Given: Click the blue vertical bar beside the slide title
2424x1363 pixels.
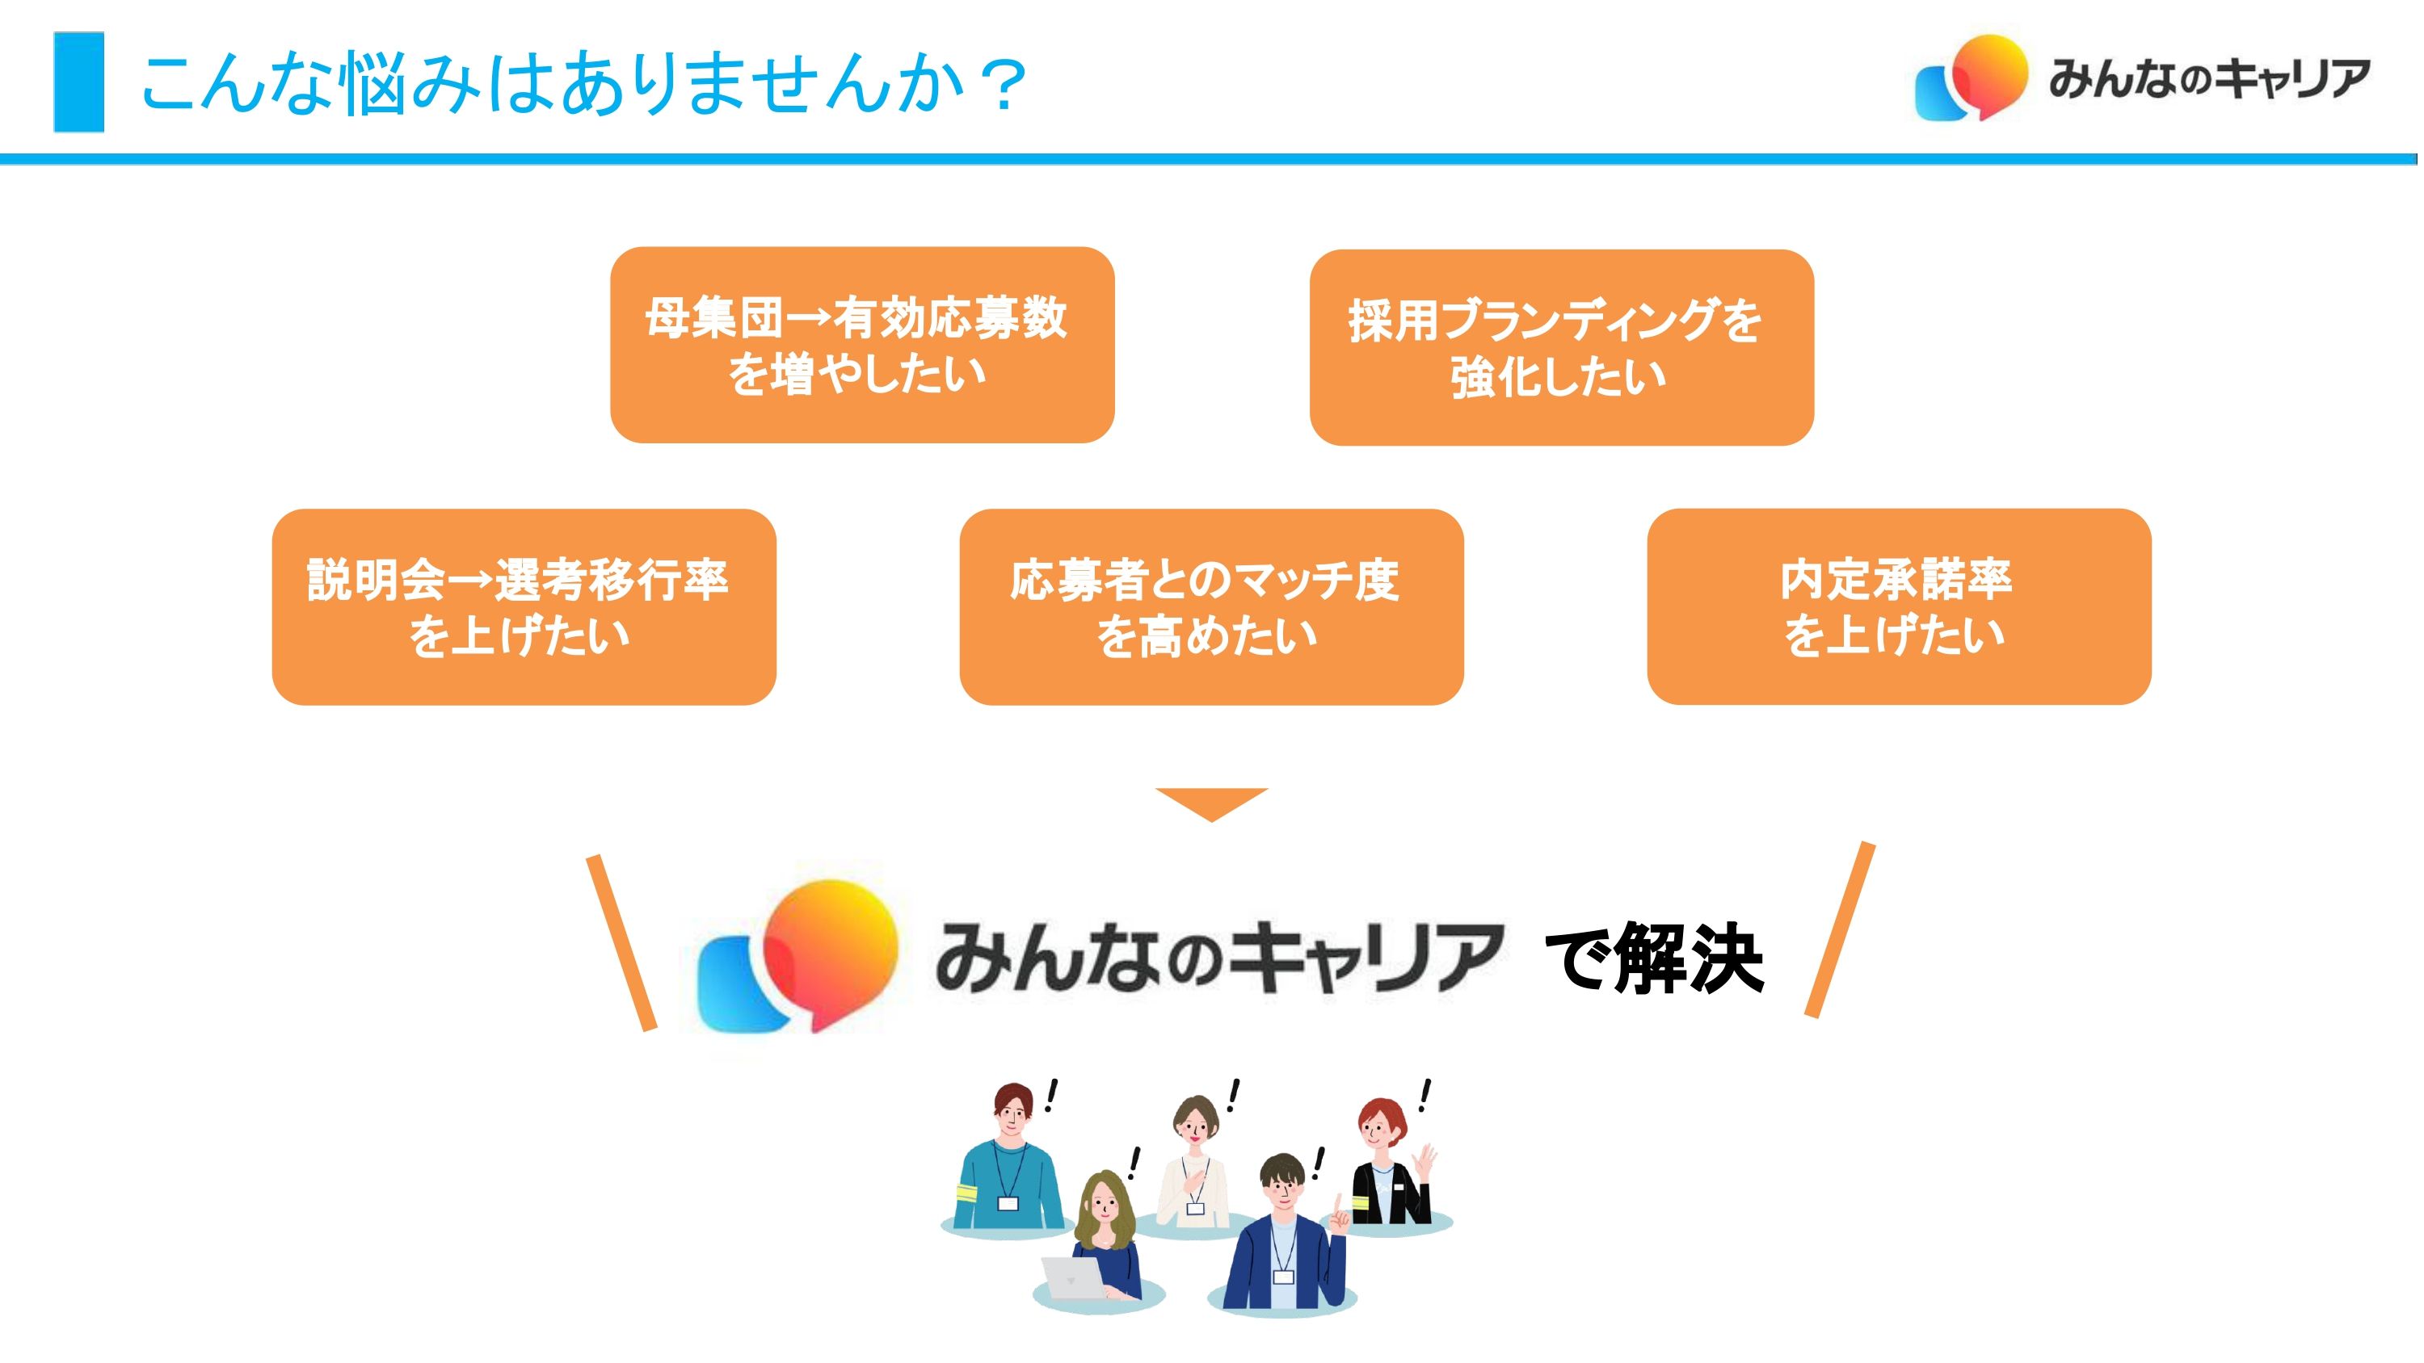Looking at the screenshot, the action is click(79, 82).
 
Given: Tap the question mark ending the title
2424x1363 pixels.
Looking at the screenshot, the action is click(1000, 84).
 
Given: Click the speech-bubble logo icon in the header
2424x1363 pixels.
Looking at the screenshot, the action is click(1971, 79).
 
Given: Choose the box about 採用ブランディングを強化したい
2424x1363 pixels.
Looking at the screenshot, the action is click(1561, 347).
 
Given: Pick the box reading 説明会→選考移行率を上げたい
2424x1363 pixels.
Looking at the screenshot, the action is click(524, 606).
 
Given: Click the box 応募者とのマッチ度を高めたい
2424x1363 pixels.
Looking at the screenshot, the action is click(1211, 606).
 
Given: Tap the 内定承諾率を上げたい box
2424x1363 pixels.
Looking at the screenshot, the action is click(1899, 606).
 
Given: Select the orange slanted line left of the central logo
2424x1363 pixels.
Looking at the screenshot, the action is click(621, 942).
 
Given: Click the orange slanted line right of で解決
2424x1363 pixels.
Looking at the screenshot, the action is click(1840, 929).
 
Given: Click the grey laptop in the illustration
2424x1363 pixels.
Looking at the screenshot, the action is click(1074, 1278).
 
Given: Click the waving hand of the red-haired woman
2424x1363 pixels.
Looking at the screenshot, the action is click(1425, 1158).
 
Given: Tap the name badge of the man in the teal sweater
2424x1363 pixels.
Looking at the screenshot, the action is click(1008, 1203).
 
